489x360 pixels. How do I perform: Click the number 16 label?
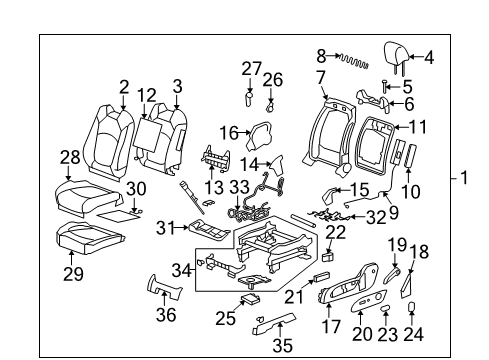pyautogui.click(x=227, y=131)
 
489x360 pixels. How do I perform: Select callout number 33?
pyautogui.click(x=240, y=186)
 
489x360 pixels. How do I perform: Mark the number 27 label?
pyautogui.click(x=250, y=68)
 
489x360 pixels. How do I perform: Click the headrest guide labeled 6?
pyautogui.click(x=375, y=100)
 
